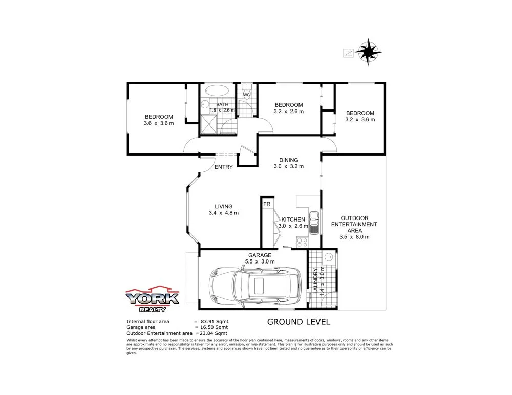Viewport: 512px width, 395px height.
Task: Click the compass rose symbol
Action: [x=369, y=52]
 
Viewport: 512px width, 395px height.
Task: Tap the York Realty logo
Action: [x=152, y=299]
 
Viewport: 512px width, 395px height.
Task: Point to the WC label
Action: [x=246, y=95]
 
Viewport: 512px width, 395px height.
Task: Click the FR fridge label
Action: [x=266, y=204]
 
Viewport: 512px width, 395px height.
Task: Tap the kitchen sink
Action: [x=314, y=221]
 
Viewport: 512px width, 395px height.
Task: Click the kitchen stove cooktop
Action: [x=301, y=241]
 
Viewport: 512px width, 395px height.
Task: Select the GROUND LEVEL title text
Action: [x=298, y=322]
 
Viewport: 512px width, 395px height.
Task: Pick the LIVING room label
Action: [x=224, y=207]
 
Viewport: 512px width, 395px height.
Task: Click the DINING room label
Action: [x=288, y=160]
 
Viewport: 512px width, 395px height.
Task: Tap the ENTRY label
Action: [x=224, y=167]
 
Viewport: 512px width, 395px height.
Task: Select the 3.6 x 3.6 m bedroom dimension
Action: [x=158, y=123]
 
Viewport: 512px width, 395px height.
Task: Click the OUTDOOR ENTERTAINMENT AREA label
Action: [x=354, y=224]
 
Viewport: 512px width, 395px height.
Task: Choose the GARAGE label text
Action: [x=261, y=255]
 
